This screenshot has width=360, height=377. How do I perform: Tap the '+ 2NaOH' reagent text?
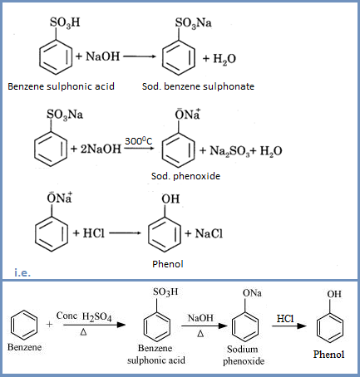point(93,149)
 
